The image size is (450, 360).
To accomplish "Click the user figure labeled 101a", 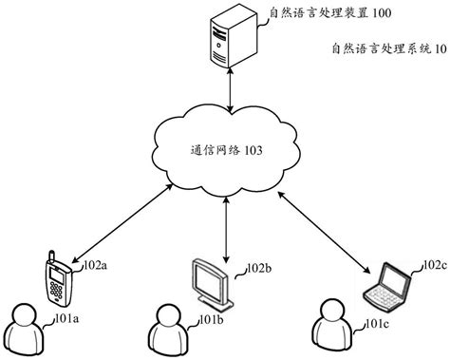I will click(x=26, y=327).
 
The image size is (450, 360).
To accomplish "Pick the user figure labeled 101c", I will click(x=331, y=326).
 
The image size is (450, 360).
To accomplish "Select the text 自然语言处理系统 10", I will click(x=384, y=49).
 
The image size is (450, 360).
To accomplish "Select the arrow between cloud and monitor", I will click(x=226, y=227).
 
